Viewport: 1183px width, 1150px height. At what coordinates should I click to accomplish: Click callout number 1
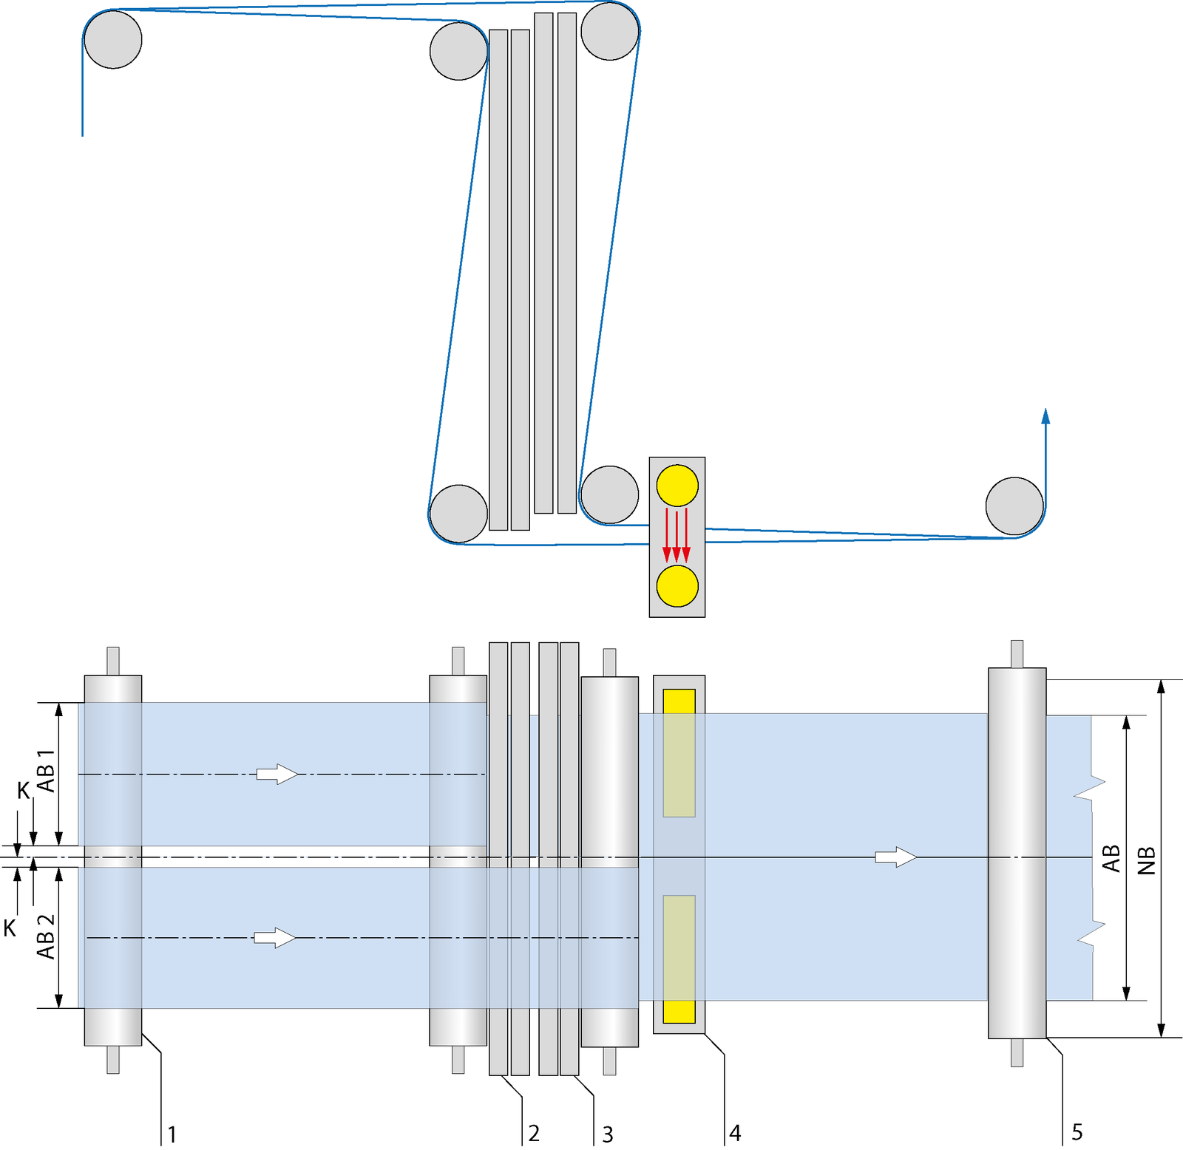(x=172, y=1134)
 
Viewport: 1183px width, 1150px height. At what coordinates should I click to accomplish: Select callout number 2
(x=534, y=1132)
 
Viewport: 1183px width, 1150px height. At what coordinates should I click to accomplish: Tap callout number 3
(x=607, y=1134)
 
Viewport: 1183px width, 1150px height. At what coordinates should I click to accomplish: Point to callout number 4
(x=734, y=1132)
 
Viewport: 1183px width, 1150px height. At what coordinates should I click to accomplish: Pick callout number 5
(x=1077, y=1132)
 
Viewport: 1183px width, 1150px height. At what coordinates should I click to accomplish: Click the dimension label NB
(x=1145, y=860)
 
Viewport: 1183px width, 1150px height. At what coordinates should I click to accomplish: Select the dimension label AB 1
(x=46, y=770)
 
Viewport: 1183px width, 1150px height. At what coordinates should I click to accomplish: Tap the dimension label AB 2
(x=46, y=937)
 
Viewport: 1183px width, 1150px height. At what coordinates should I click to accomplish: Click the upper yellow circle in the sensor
(x=677, y=486)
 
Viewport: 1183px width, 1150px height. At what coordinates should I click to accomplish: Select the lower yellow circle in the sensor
(x=677, y=586)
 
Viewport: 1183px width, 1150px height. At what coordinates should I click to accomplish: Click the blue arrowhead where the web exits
(x=1045, y=416)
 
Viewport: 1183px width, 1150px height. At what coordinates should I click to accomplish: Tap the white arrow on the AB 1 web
(x=277, y=774)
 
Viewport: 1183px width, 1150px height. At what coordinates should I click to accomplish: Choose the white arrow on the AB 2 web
(x=274, y=938)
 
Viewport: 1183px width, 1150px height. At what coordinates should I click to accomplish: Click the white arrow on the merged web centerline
(x=895, y=857)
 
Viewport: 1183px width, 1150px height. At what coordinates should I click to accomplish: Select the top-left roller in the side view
(x=113, y=40)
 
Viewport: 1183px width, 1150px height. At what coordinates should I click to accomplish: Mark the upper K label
(x=24, y=791)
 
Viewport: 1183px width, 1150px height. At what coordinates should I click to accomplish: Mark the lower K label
(x=10, y=928)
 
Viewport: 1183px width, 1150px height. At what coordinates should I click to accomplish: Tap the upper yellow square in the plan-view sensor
(x=679, y=701)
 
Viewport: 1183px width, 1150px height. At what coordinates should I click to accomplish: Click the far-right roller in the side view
(x=1014, y=506)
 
